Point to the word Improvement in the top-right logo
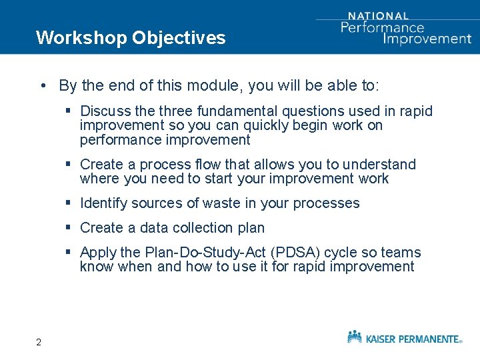427,38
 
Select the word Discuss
105,111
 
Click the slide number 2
39,343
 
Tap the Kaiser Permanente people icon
355,337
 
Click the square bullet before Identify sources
69,203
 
